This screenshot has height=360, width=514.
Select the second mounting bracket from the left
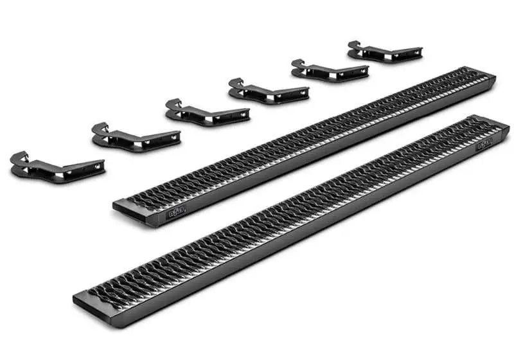point(135,136)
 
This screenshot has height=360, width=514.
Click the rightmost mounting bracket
point(384,51)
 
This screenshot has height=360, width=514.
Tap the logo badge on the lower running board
point(484,145)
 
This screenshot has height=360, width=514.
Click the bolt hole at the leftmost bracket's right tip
point(98,166)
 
